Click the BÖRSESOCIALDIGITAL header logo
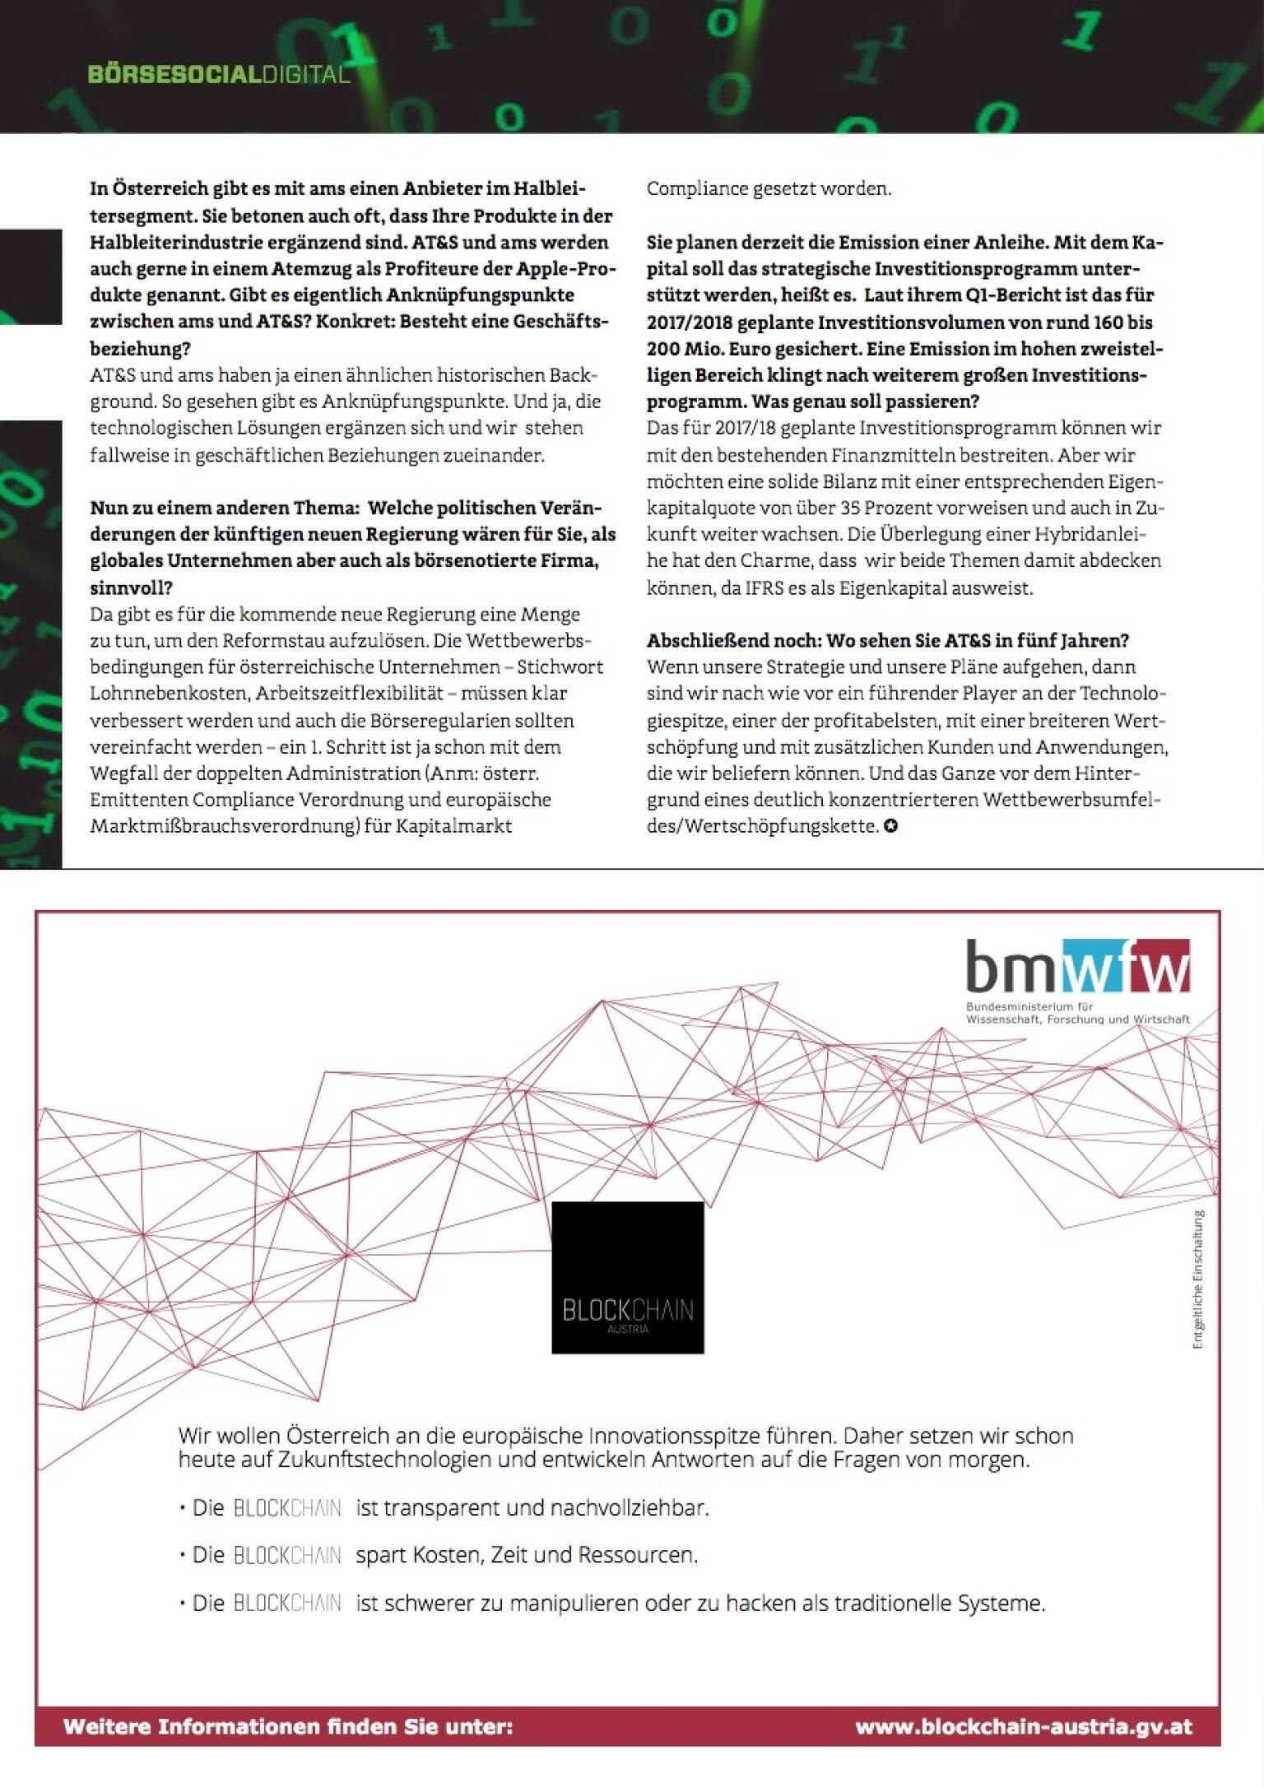click(x=219, y=75)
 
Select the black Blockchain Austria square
click(x=627, y=1277)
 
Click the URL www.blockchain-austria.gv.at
click(x=1024, y=1726)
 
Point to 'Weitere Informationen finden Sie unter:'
click(x=288, y=1726)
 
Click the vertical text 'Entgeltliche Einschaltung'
click(x=1198, y=1279)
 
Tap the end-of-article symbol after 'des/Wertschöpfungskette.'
click(x=890, y=826)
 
